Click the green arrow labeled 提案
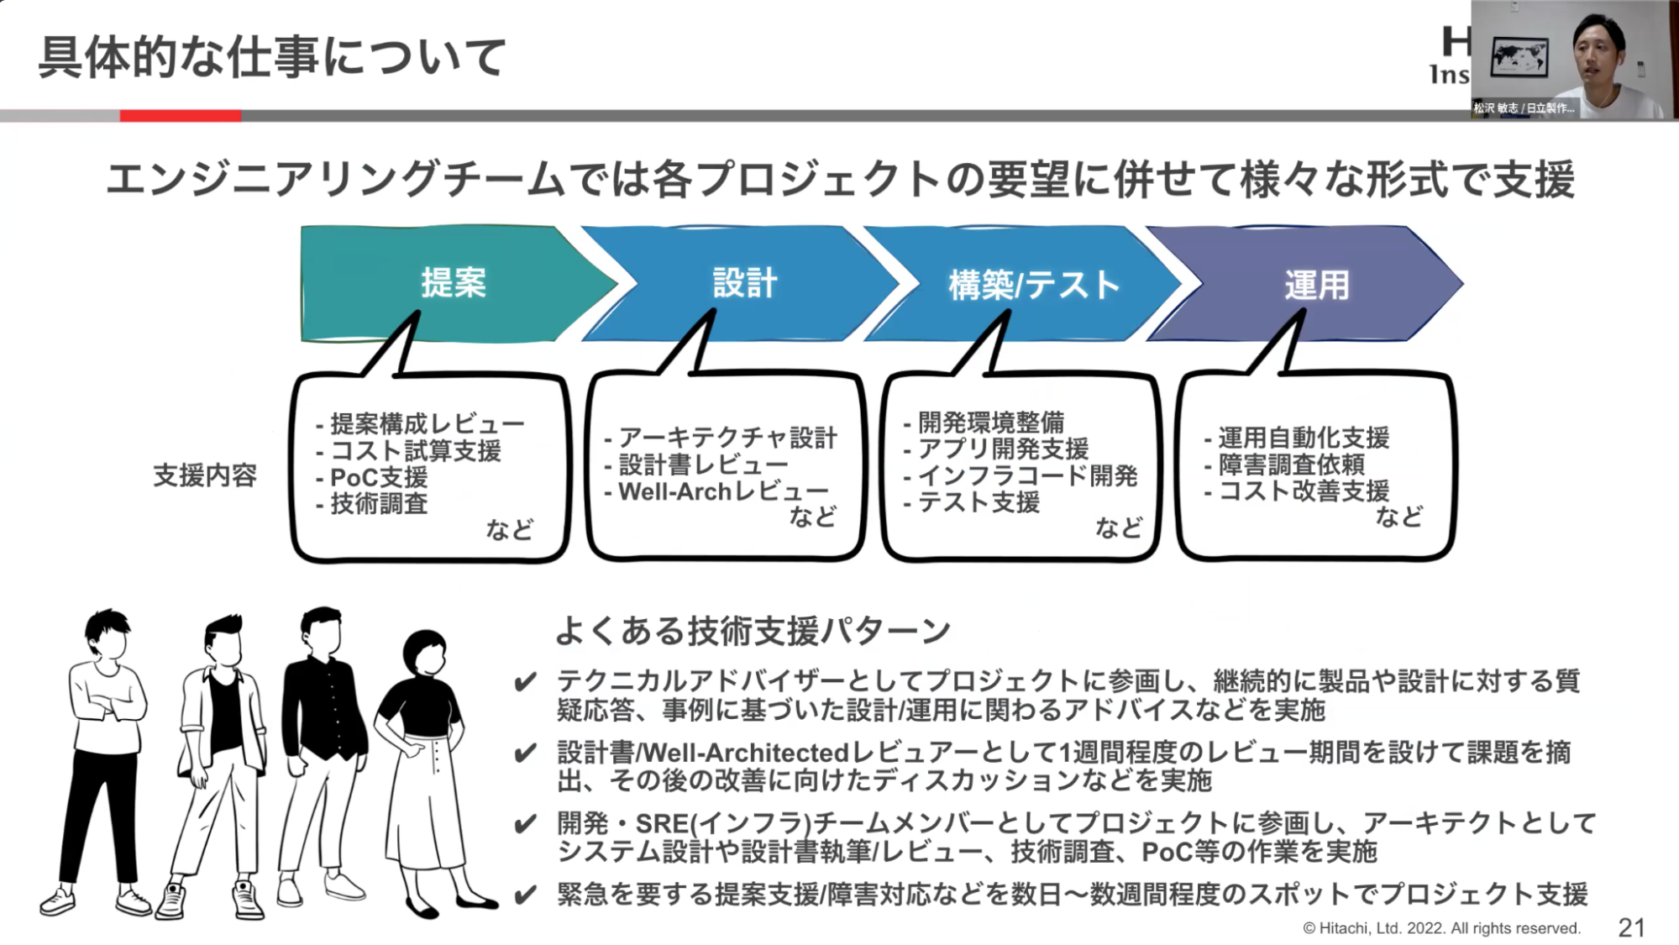454,283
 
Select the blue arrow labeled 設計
744,283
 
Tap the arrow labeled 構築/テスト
1033,285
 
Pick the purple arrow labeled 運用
1315,285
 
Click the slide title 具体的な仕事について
272,57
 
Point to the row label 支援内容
205,475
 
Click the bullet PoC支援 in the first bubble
379,477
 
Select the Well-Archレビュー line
722,491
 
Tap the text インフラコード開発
1027,475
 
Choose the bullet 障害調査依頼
1292,464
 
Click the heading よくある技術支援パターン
753,630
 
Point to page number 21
1630,927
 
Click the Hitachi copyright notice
1441,928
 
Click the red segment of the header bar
181,116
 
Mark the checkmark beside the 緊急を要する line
526,895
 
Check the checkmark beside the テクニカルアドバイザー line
526,681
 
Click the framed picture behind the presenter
1519,57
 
